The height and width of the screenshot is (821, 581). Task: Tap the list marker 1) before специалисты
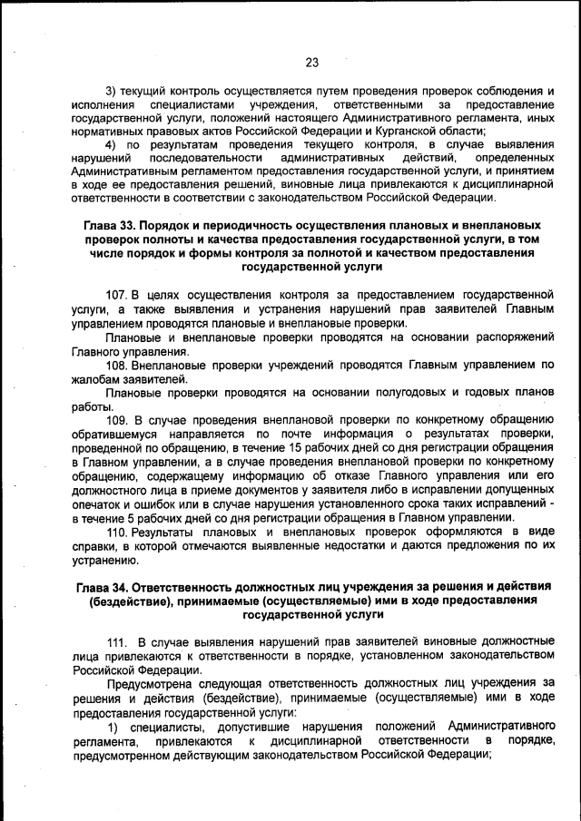(113, 727)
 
